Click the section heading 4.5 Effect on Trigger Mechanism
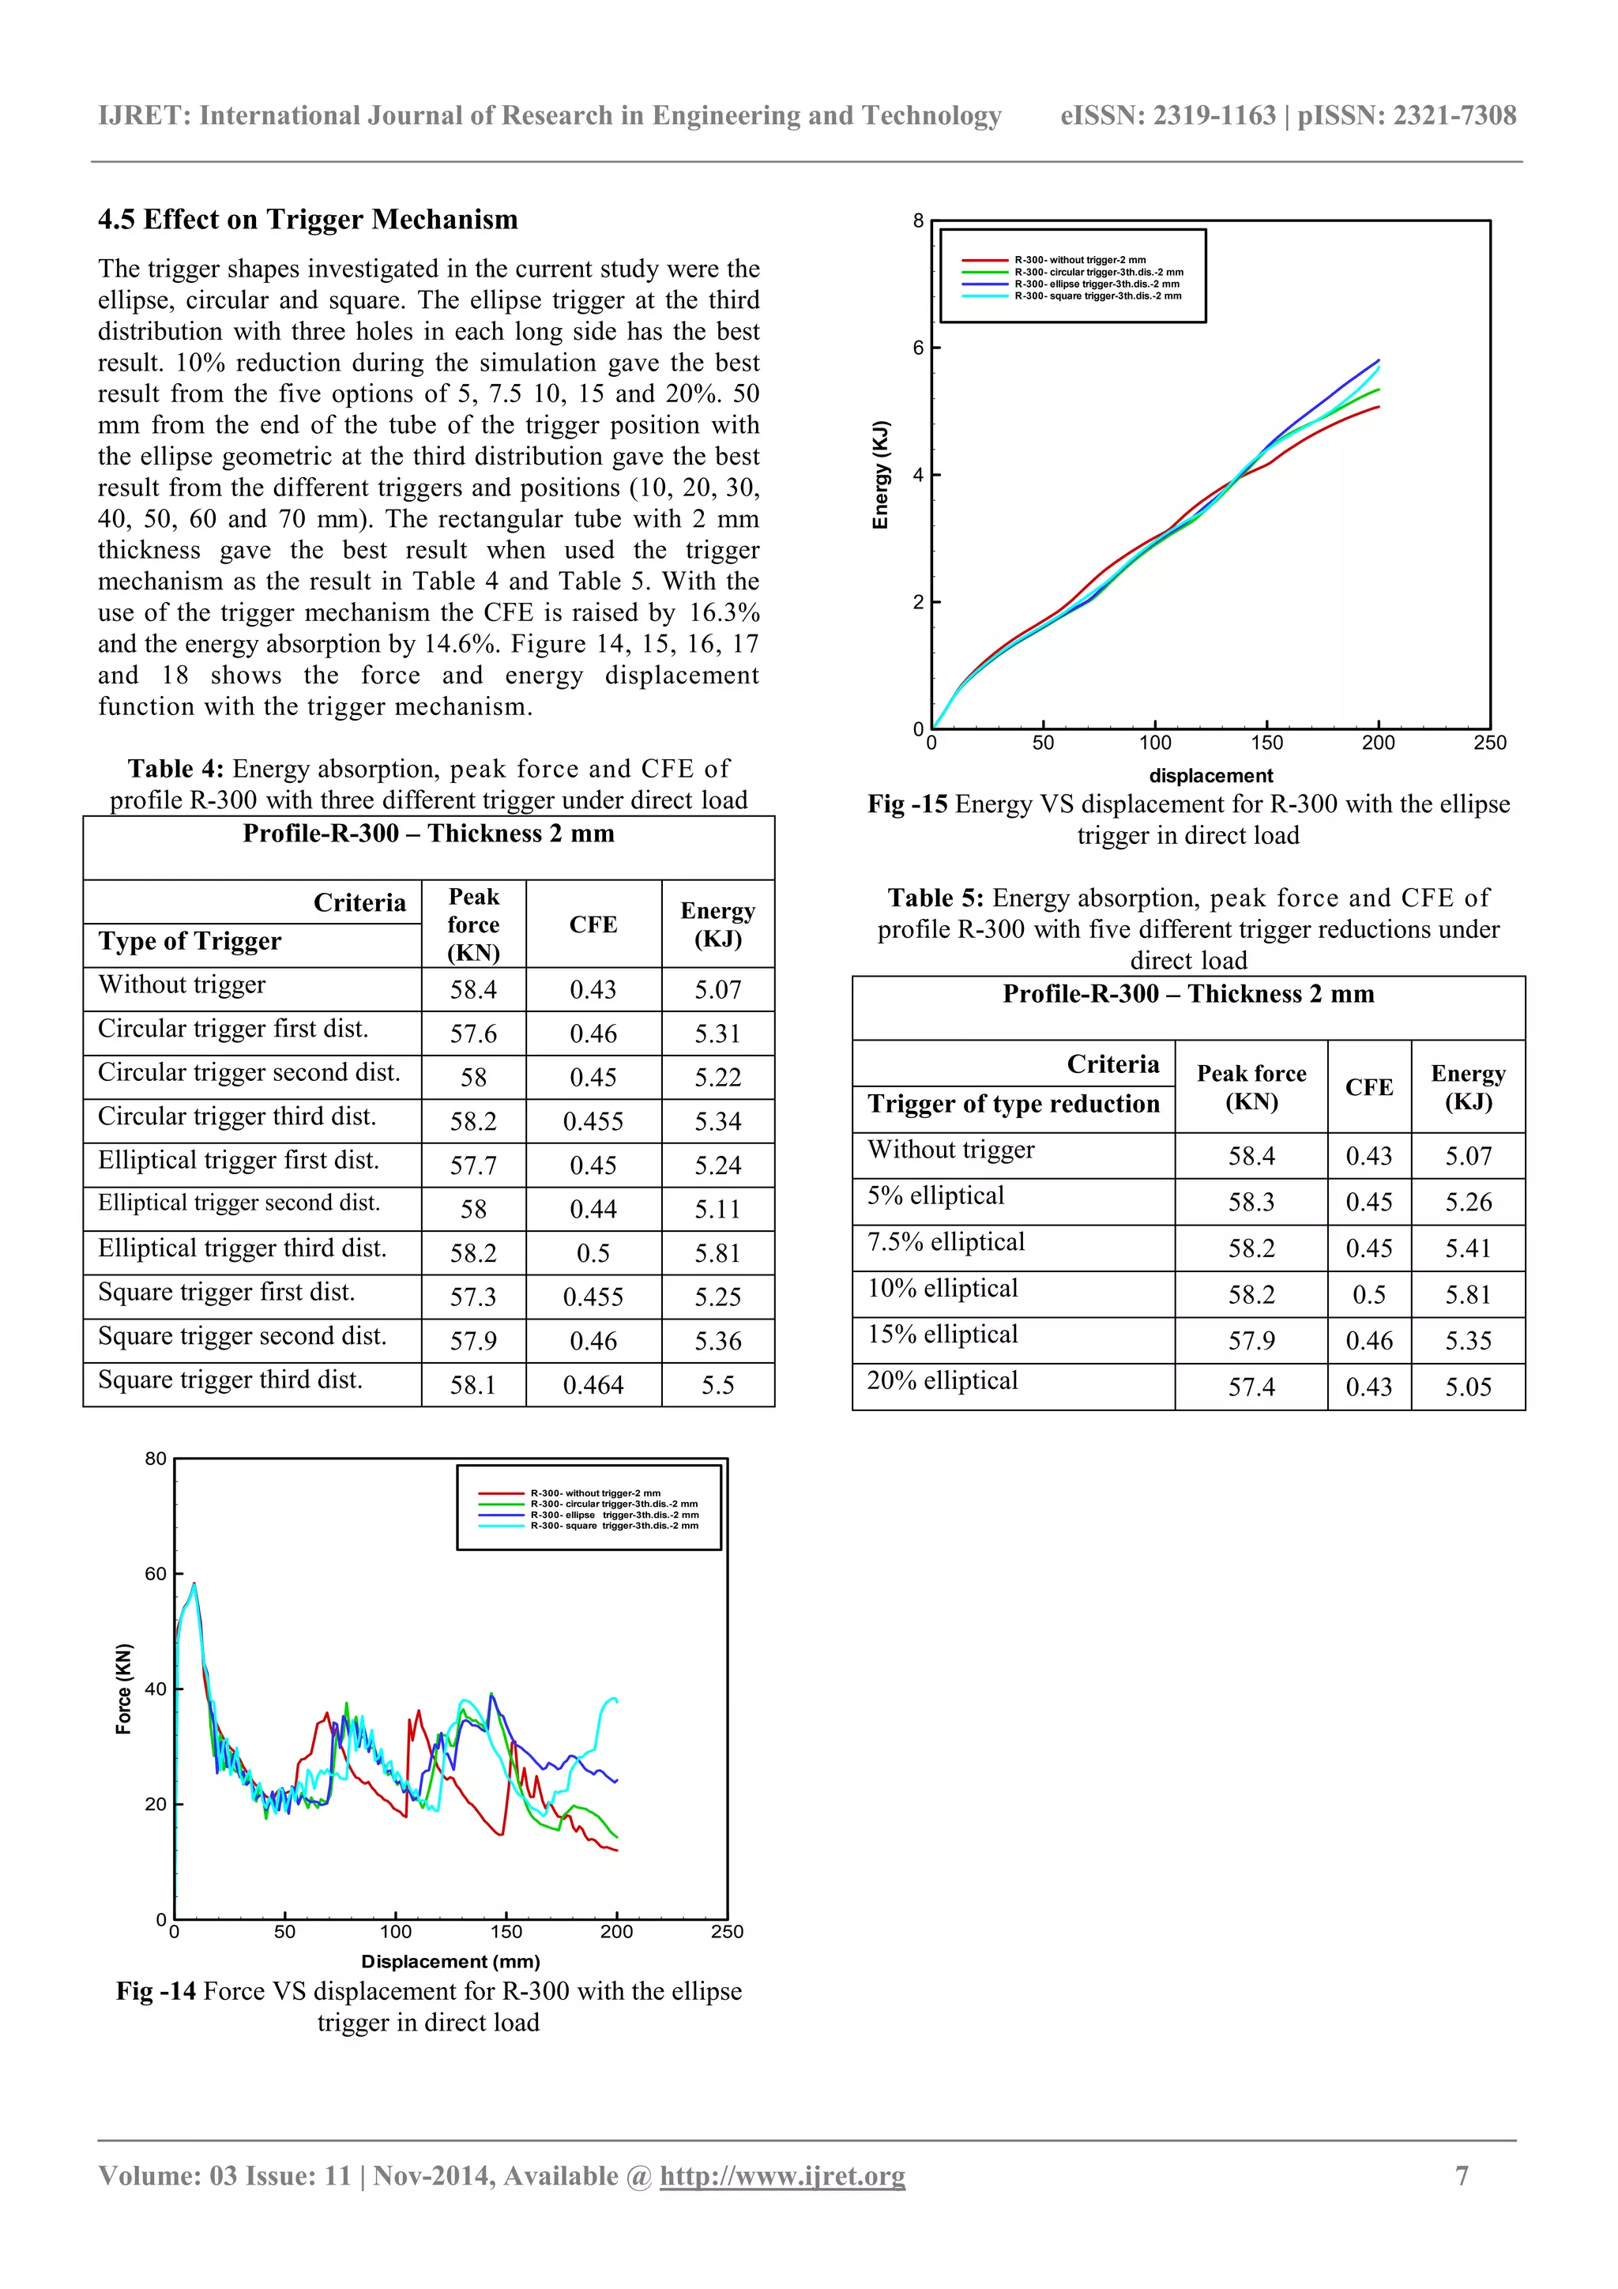click(x=307, y=220)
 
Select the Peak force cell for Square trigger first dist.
click(x=472, y=1297)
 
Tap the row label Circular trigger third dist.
click(x=236, y=1116)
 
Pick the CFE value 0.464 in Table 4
click(x=593, y=1385)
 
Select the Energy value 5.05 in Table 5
click(x=1467, y=1387)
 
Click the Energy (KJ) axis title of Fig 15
click(x=879, y=475)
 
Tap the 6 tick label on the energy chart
click(x=918, y=348)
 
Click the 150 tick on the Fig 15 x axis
click(x=1266, y=743)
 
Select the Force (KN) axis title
click(x=123, y=1689)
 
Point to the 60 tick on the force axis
click(x=156, y=1574)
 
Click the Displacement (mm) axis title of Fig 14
click(x=450, y=1961)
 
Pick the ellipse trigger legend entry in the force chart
click(x=613, y=1515)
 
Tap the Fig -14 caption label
click(x=156, y=1991)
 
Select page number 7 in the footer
click(x=1462, y=2175)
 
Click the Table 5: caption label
click(x=935, y=898)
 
